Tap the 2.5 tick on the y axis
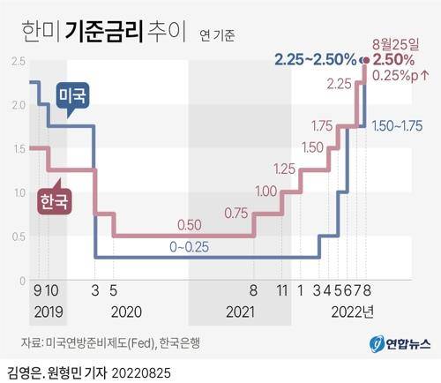click(16, 61)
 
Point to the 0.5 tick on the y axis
click(16, 237)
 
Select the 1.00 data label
click(267, 191)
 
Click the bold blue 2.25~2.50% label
click(315, 60)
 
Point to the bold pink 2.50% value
click(393, 59)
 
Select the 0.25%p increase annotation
click(401, 76)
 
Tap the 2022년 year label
click(352, 312)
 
